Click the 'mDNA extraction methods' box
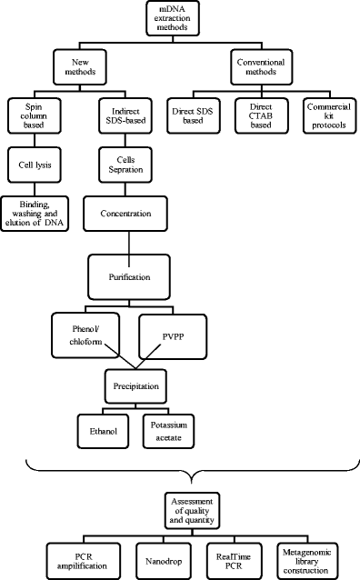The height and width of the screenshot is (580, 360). point(181,19)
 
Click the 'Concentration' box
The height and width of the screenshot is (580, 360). point(129,215)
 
